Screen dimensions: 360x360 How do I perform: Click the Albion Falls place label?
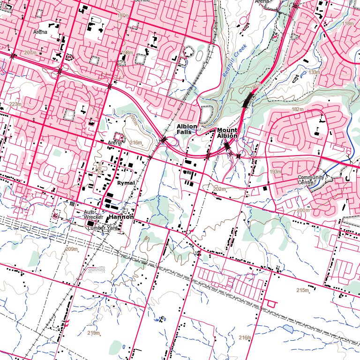point(187,129)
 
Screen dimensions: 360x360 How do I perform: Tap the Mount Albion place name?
point(227,133)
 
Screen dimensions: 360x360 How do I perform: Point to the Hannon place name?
point(121,218)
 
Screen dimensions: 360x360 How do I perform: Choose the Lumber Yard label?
point(102,228)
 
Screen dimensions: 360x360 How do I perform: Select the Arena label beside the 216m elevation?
point(114,142)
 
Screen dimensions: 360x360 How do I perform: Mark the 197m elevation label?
point(123,16)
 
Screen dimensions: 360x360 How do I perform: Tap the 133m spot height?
point(314,73)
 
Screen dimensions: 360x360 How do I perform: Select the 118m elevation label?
point(348,23)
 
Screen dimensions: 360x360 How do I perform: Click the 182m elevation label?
point(298,109)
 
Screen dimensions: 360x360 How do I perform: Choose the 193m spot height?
point(276,172)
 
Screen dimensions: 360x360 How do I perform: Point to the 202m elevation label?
point(219,189)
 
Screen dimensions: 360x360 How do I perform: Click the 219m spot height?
point(94,333)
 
